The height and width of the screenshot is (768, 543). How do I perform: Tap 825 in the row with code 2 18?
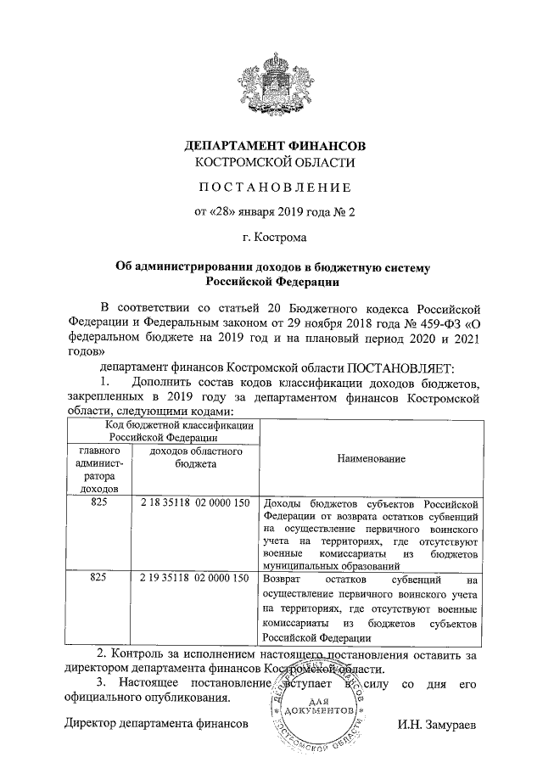pyautogui.click(x=99, y=503)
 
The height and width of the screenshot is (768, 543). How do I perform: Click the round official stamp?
pyautogui.click(x=320, y=709)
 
